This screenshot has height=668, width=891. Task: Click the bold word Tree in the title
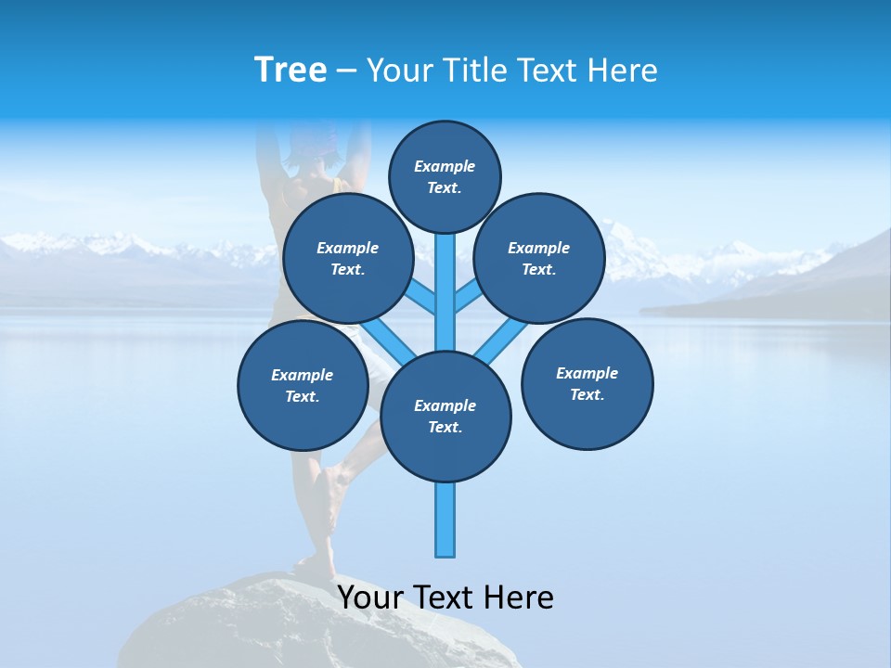click(291, 71)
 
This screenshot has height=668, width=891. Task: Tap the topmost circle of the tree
click(445, 176)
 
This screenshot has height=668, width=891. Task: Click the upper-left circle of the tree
click(347, 258)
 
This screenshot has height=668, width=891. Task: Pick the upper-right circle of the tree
click(539, 258)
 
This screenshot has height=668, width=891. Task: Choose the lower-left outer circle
click(303, 385)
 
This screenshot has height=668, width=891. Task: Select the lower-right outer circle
click(587, 383)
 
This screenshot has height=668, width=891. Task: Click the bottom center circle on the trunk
click(445, 417)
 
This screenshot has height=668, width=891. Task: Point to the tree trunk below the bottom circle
click(445, 520)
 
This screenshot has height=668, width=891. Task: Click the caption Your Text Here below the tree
click(445, 597)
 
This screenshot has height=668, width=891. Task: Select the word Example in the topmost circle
click(445, 167)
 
